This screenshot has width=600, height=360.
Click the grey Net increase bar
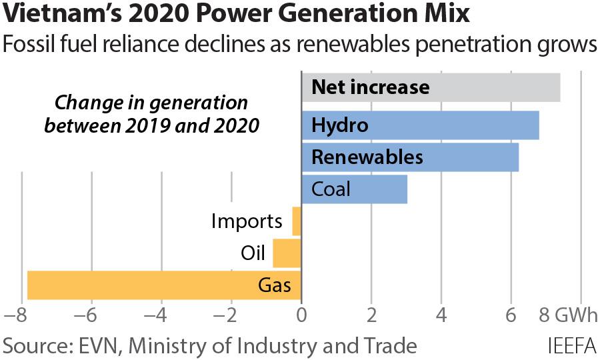pos(431,87)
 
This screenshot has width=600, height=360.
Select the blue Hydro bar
pos(420,125)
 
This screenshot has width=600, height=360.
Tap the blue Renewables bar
pos(410,157)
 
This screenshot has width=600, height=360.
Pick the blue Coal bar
pos(354,189)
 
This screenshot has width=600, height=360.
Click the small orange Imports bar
pos(297,221)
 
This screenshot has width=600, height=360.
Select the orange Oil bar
pos(287,253)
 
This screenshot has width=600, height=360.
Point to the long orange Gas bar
pos(164,285)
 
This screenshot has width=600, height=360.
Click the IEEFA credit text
pos(571,346)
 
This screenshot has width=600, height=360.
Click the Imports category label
pos(246,221)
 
